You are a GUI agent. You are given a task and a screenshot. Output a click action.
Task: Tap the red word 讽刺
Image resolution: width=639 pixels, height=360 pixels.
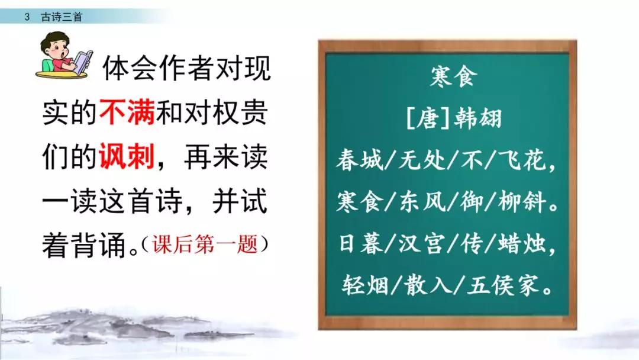click(x=127, y=156)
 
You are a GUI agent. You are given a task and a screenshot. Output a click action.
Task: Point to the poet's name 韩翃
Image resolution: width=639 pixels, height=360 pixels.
click(x=477, y=118)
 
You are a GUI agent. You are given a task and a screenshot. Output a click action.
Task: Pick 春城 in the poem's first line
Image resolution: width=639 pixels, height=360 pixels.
click(x=360, y=160)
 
